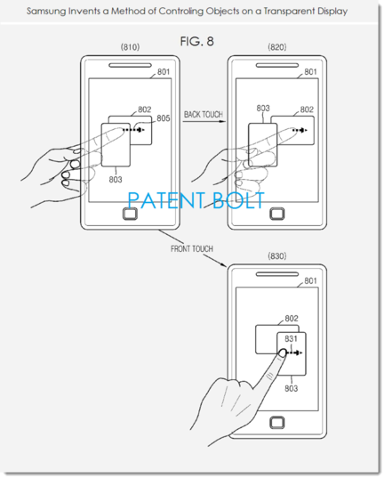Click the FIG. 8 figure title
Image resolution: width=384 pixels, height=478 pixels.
tap(196, 42)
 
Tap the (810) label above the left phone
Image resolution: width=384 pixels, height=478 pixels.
tap(130, 47)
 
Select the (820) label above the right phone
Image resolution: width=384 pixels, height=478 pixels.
tap(277, 47)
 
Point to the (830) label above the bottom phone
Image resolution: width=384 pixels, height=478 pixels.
tap(277, 255)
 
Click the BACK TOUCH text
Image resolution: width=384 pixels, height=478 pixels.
tap(204, 114)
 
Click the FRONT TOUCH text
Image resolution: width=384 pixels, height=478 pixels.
tap(192, 248)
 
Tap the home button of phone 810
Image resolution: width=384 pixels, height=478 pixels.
tap(130, 214)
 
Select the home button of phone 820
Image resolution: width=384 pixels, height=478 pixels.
tap(277, 214)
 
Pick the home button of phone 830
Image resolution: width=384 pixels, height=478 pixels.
tap(277, 423)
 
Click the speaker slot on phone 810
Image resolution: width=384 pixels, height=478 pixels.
tap(130, 65)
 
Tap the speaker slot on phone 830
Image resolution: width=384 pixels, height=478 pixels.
tap(277, 274)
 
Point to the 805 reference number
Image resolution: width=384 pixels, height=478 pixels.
tap(164, 118)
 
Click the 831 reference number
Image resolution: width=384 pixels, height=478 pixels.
tap(291, 339)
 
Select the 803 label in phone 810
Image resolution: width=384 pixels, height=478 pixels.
tap(116, 180)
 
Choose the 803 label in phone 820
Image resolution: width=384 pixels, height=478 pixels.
tap(263, 109)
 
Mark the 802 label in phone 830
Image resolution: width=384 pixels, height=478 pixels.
tap(292, 319)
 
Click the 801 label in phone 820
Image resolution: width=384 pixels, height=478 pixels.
tap(310, 72)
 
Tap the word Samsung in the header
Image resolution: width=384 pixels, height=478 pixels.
tap(46, 12)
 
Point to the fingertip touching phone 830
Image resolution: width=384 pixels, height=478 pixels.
tap(283, 353)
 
